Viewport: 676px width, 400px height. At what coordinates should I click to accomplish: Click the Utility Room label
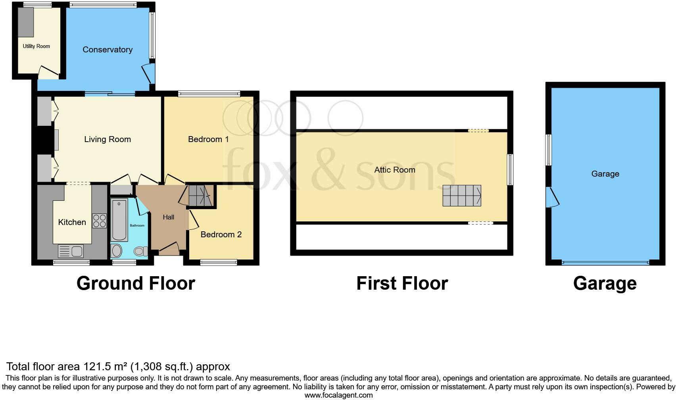pyautogui.click(x=36, y=46)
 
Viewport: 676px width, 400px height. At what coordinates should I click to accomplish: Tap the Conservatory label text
pyautogui.click(x=108, y=50)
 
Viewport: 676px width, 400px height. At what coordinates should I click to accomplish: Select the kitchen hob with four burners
pyautogui.click(x=99, y=221)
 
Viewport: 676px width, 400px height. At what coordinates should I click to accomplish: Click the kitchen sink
pyautogui.click(x=71, y=251)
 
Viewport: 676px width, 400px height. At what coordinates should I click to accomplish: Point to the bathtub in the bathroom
pyautogui.click(x=119, y=221)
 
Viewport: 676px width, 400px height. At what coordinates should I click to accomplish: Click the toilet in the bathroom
pyautogui.click(x=140, y=251)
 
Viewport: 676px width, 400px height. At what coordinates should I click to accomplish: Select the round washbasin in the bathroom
pyautogui.click(x=117, y=251)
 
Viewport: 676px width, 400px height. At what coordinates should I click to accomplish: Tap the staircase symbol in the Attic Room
pyautogui.click(x=462, y=196)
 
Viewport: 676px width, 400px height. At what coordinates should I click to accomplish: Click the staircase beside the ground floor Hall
pyautogui.click(x=200, y=196)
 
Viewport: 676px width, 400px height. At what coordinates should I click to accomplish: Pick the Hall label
pyautogui.click(x=169, y=217)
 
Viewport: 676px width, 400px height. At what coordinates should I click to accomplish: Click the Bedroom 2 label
pyautogui.click(x=221, y=235)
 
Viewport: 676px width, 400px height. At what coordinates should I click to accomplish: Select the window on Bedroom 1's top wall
pyautogui.click(x=209, y=94)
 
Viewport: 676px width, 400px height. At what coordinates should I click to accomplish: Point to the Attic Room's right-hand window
pyautogui.click(x=511, y=169)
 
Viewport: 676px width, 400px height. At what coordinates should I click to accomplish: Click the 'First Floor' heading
pyautogui.click(x=402, y=283)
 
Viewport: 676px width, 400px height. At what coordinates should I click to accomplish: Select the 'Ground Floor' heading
pyautogui.click(x=136, y=283)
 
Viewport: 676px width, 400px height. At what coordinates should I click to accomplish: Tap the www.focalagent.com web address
pyautogui.click(x=338, y=395)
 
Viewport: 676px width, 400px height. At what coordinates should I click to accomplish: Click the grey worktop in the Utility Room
pyautogui.click(x=27, y=22)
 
